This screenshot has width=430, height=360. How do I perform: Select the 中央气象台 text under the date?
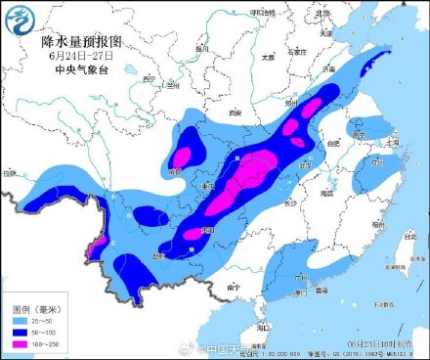79,68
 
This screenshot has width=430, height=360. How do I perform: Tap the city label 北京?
323,13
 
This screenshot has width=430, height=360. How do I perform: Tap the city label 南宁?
232,287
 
